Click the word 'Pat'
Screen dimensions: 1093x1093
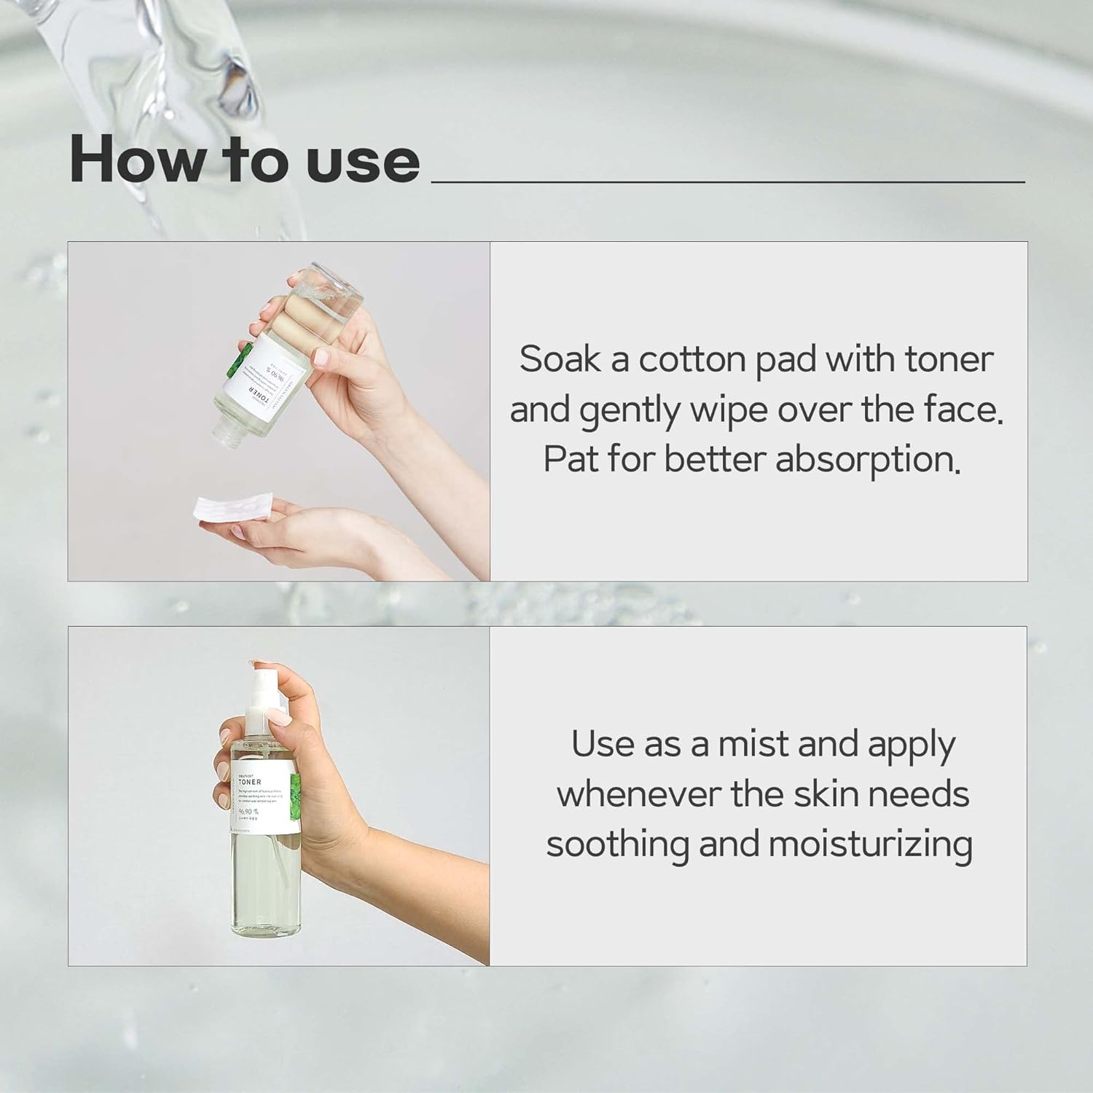click(571, 460)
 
